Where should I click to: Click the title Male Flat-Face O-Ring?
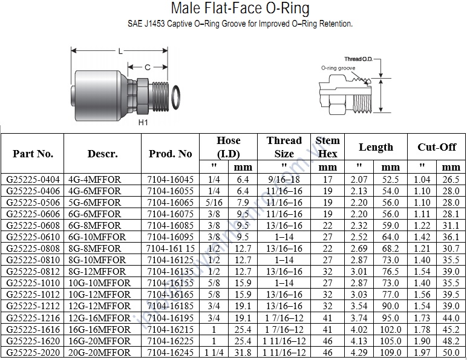coord(240,8)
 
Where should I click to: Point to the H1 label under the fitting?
coord(143,122)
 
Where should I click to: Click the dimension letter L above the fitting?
coord(120,51)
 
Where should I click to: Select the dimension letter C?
coord(148,67)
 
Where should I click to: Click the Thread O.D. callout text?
coord(358,59)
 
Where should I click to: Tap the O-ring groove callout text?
coord(338,68)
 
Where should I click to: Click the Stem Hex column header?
coord(327,147)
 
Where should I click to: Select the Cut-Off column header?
coord(437,147)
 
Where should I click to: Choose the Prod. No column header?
coord(171,154)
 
